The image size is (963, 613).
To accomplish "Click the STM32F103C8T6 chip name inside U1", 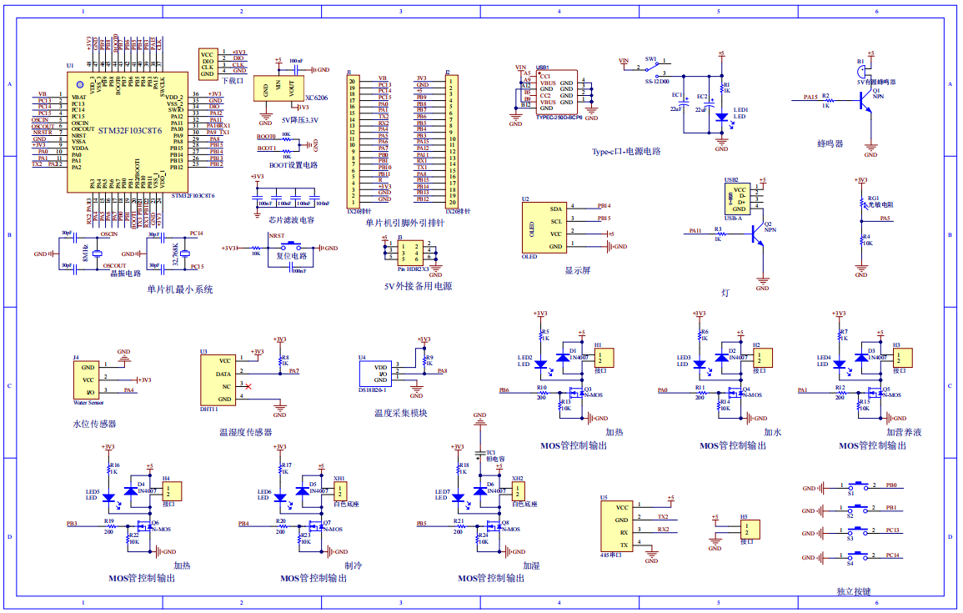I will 129,131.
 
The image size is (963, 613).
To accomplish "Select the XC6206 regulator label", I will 316,98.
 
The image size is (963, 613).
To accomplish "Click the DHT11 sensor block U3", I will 218,380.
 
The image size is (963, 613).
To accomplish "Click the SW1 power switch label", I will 651,60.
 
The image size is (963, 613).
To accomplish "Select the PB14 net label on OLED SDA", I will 604,205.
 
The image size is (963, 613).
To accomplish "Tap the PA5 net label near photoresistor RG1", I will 885,219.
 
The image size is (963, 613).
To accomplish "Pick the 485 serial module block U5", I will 618,525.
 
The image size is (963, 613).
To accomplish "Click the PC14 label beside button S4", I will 892,554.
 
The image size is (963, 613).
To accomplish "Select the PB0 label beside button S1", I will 891,485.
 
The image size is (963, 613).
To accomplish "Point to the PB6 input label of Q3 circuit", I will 504,389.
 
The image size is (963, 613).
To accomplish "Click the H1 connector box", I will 603,358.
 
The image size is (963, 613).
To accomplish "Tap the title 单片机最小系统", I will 180,289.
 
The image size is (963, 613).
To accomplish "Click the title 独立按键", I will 853,591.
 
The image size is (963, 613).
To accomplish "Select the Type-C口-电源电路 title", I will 625,152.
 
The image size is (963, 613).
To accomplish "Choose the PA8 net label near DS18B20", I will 442,370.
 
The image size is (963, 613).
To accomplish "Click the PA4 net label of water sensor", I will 128,389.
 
